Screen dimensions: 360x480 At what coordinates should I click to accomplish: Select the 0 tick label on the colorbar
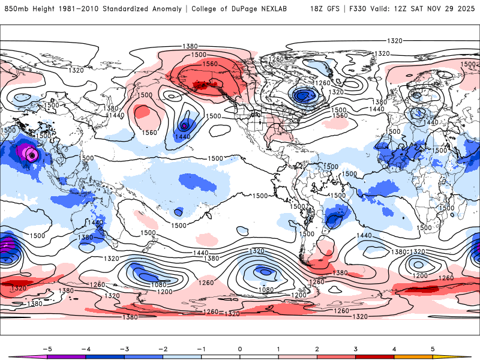tap(240, 349)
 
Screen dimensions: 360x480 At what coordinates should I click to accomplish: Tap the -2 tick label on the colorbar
tap(163, 349)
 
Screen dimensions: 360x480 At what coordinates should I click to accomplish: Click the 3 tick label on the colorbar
tap(356, 349)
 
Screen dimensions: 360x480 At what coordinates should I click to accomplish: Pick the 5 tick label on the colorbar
tap(433, 349)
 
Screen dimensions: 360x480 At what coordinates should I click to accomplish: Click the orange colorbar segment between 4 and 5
tap(413, 356)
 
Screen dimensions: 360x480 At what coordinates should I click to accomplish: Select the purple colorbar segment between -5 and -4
tap(67, 356)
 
